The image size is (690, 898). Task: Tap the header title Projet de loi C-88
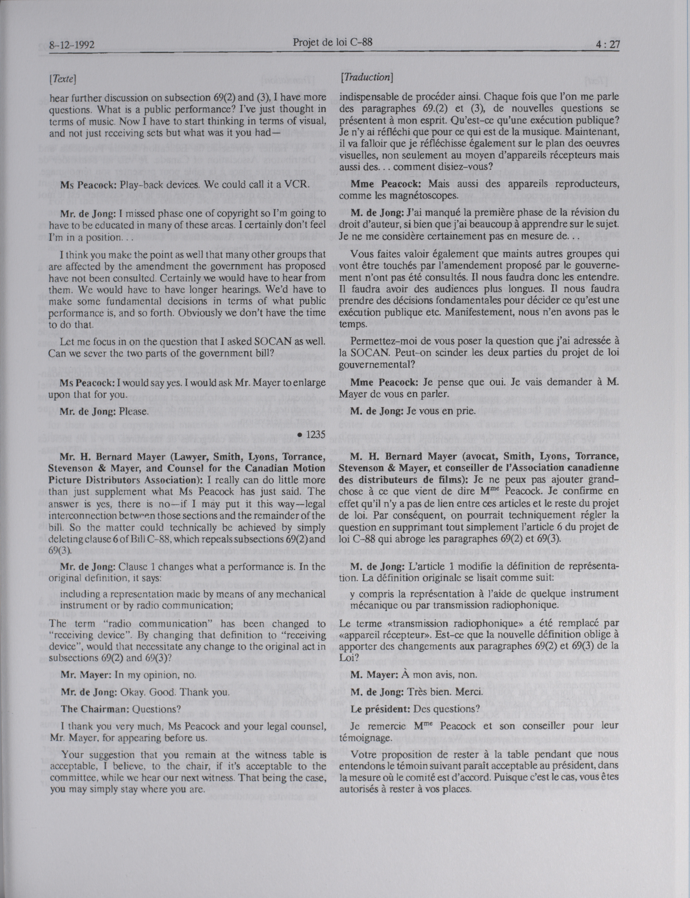[333, 42]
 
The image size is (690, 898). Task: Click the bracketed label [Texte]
[63, 77]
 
